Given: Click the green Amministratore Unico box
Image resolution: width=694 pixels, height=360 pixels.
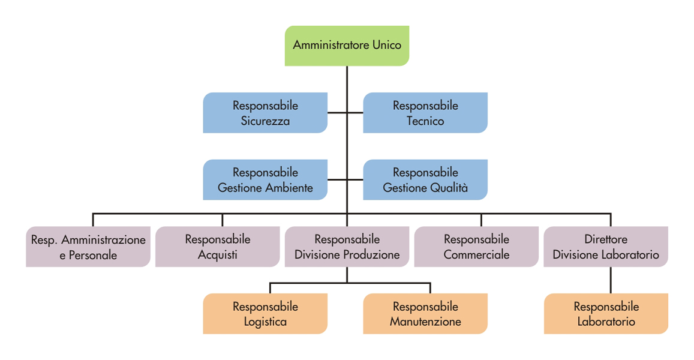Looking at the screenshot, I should click(347, 46).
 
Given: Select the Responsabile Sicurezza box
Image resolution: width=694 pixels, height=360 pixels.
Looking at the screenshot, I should click(265, 113).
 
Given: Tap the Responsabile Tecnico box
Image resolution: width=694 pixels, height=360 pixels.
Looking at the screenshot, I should click(425, 113).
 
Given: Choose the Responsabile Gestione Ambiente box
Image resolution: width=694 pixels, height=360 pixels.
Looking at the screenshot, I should click(265, 180).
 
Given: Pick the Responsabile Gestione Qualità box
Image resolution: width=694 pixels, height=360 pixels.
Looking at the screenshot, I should click(425, 180).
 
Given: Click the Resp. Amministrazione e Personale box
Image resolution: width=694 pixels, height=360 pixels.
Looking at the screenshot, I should click(88, 247).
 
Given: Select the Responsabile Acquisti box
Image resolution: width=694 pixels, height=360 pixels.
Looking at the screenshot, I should click(217, 247).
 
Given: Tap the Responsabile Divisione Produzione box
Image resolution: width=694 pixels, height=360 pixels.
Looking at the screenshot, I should click(347, 247).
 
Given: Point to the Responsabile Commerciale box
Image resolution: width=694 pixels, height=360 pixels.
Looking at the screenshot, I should click(476, 247).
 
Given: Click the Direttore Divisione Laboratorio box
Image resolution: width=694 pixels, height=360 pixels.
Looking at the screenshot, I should click(606, 247).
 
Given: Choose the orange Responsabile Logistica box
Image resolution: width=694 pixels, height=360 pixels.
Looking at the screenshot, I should click(265, 314).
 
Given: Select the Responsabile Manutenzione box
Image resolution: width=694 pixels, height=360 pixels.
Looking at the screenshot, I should click(425, 314).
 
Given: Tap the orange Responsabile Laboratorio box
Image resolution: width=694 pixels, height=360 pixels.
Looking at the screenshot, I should click(606, 314).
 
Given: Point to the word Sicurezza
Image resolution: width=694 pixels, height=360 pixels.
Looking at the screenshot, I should click(265, 121).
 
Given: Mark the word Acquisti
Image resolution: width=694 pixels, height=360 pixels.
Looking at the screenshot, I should click(217, 255).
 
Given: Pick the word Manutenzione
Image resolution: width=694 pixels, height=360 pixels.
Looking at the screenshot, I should click(425, 322).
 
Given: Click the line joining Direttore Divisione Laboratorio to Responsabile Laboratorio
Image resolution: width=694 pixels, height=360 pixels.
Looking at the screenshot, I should click(611, 280).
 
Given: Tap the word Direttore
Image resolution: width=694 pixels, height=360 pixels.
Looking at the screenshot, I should click(606, 239).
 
